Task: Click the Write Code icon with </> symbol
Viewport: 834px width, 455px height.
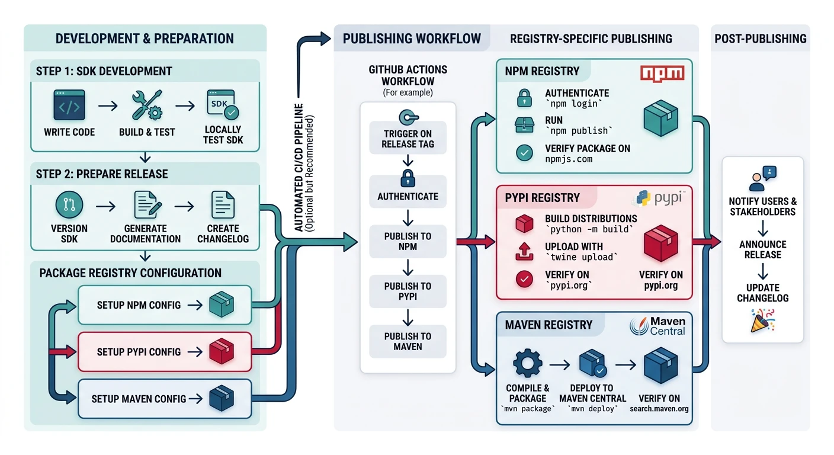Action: coord(69,106)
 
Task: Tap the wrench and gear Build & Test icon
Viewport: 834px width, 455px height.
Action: coord(146,106)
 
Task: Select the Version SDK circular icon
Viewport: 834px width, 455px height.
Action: coord(69,206)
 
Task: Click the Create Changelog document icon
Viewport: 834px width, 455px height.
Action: coord(223,206)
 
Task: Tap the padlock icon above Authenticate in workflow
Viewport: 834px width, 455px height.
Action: coord(408,177)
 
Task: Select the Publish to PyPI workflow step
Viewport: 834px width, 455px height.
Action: coord(408,290)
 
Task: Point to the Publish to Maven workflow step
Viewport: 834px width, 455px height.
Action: coord(408,341)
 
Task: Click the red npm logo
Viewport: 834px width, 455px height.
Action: coord(662,73)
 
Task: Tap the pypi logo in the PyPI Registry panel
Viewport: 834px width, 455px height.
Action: coord(660,198)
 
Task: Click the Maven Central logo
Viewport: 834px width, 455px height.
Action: coord(657,325)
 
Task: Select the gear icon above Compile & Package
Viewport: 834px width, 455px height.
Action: coord(527,363)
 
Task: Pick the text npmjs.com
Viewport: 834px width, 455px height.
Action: coord(569,159)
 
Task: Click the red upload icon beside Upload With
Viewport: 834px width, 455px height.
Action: coord(525,251)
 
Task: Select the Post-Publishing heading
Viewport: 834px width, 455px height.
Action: coord(760,39)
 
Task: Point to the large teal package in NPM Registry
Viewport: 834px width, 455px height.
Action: coord(660,117)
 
